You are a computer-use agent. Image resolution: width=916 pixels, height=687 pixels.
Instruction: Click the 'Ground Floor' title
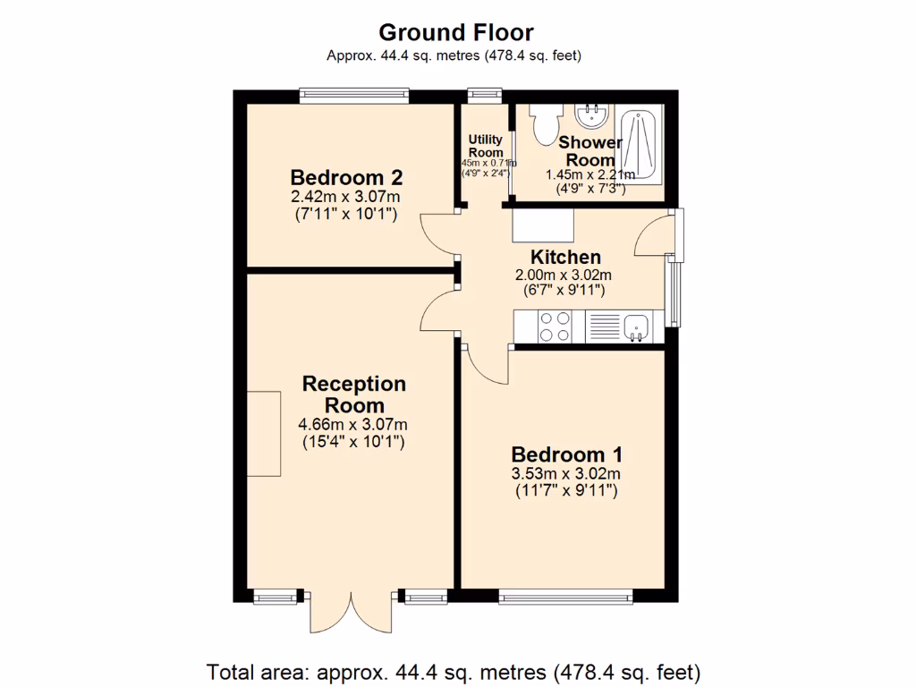[456, 33]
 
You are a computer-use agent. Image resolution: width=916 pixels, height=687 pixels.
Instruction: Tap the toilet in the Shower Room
[544, 124]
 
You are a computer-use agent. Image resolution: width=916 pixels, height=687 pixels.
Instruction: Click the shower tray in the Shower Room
[638, 144]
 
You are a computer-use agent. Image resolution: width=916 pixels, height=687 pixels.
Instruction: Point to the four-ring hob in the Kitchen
[554, 327]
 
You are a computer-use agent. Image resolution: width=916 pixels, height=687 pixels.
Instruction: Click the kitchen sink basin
[636, 327]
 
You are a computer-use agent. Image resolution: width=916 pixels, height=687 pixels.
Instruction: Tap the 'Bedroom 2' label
[346, 176]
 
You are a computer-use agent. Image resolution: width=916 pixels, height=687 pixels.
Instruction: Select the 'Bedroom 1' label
[566, 454]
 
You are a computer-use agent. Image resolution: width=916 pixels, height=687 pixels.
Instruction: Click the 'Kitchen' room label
[565, 257]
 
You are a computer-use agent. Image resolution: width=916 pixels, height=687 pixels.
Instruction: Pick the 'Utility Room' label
[486, 146]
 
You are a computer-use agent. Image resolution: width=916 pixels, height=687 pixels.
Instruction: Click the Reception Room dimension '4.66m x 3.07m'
[354, 425]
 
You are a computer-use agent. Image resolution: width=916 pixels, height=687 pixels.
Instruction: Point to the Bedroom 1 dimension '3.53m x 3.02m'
[566, 474]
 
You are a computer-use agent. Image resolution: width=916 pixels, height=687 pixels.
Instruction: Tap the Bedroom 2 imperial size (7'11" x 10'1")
[346, 215]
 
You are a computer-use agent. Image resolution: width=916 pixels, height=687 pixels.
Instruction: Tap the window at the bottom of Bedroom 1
[565, 597]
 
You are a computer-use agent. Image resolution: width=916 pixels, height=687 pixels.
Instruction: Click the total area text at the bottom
[454, 671]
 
